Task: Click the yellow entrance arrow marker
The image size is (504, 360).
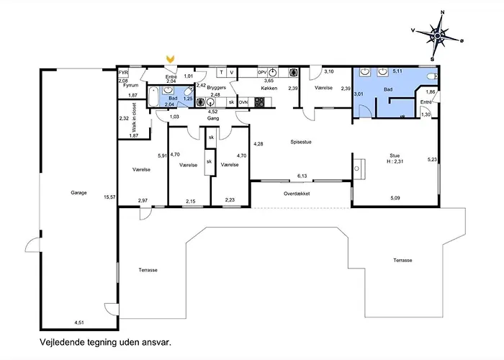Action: coord(170,59)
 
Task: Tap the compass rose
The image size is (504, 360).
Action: coord(438,36)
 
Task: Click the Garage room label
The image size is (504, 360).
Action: coord(78,192)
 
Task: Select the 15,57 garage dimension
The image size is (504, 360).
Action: coord(109,197)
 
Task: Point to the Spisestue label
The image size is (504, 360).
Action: coord(301,142)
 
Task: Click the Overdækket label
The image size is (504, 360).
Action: coord(297,194)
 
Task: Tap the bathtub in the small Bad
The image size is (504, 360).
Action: coord(153,96)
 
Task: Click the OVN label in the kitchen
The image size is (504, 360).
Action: coord(243,102)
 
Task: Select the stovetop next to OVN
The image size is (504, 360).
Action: coord(259,102)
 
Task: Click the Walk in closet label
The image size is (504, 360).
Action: coord(134,117)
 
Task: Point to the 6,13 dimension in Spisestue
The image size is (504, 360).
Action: coord(302,176)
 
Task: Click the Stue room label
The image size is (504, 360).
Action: coord(395,156)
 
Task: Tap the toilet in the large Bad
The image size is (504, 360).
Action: coord(432,76)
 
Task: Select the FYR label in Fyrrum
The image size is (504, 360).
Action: coord(123,73)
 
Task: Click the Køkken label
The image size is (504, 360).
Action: coord(269,88)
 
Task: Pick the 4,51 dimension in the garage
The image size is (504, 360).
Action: coord(79,323)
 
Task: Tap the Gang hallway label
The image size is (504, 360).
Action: coord(213,118)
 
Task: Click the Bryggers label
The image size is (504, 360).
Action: coord(217,87)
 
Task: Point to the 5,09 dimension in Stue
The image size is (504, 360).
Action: coord(395,198)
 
